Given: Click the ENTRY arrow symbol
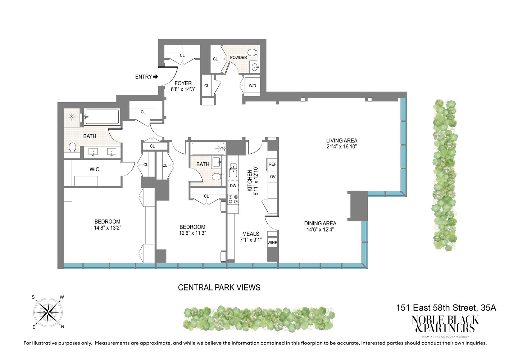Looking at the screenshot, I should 155,77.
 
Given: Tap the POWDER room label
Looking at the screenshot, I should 238,58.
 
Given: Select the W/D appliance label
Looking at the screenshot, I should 253,86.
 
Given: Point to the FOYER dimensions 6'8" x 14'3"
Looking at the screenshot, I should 183,89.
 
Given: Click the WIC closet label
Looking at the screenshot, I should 94,169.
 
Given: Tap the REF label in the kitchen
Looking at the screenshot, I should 272,164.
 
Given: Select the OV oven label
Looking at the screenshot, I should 273,177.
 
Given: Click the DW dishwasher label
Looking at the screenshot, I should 233,186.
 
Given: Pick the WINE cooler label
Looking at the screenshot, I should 272,243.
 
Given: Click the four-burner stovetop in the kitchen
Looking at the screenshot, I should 233,199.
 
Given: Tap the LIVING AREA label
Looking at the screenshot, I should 341,140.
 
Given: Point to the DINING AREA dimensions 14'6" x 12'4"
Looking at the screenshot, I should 320,230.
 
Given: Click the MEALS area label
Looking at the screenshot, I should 251,234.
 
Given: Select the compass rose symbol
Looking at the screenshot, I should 48,312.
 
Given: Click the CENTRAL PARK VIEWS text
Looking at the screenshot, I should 219,287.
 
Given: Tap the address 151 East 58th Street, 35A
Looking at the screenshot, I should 446,308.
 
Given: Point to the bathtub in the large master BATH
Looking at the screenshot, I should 102,117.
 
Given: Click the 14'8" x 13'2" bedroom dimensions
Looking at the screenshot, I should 107,228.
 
